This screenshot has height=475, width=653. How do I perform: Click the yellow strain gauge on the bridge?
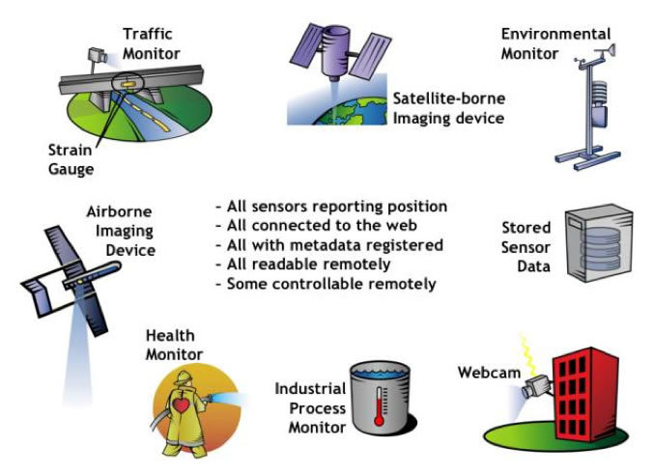(x=128, y=85)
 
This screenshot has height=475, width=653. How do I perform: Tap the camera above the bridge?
(x=98, y=55)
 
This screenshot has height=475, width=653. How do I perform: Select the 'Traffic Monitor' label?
(x=151, y=43)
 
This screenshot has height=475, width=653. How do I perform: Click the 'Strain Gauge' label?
(x=71, y=159)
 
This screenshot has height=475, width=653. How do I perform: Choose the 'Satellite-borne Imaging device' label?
(x=449, y=108)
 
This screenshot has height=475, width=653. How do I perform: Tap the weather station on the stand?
(x=589, y=107)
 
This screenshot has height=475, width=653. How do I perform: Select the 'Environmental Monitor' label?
(x=555, y=43)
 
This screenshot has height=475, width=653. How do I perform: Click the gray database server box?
(x=599, y=242)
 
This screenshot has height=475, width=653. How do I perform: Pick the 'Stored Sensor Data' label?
(x=526, y=247)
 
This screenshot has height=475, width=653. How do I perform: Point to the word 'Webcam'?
(x=489, y=373)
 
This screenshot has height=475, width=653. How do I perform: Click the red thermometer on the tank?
(x=379, y=406)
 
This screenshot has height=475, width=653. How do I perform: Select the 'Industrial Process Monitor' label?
(x=311, y=408)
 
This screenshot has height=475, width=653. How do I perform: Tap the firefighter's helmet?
(x=184, y=377)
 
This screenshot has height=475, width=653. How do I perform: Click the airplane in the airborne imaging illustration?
(x=71, y=280)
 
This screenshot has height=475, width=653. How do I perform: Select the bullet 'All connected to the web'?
(x=317, y=226)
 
